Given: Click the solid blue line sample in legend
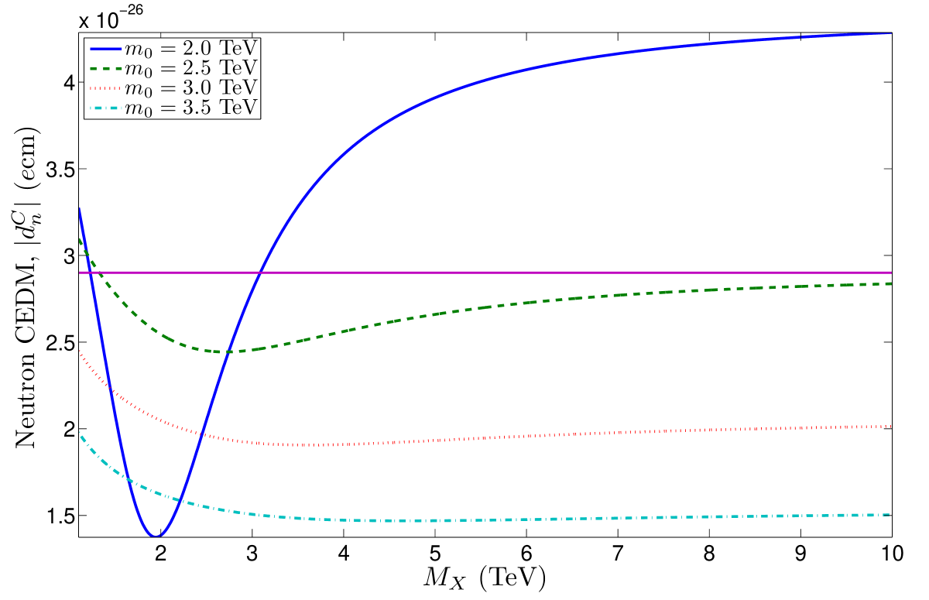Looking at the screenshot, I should tap(106, 49).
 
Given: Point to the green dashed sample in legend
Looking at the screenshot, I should tap(106, 68).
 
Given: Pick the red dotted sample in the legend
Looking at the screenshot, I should tap(106, 87).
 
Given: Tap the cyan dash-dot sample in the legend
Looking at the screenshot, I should tap(106, 107).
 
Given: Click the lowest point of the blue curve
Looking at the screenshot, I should tap(156, 536).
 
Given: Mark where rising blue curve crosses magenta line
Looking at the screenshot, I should tap(261, 273).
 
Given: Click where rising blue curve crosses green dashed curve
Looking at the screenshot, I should tap(228, 352).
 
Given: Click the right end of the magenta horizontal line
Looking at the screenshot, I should tap(891, 273).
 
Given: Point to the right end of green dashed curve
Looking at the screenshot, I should tap(891, 284).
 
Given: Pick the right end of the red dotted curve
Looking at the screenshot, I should tap(891, 427).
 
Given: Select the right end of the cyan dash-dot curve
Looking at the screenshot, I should tap(891, 515).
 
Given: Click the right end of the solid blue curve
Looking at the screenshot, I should tap(891, 33).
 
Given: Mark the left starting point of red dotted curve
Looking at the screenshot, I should tap(80, 351).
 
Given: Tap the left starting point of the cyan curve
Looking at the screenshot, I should tap(80, 432).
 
